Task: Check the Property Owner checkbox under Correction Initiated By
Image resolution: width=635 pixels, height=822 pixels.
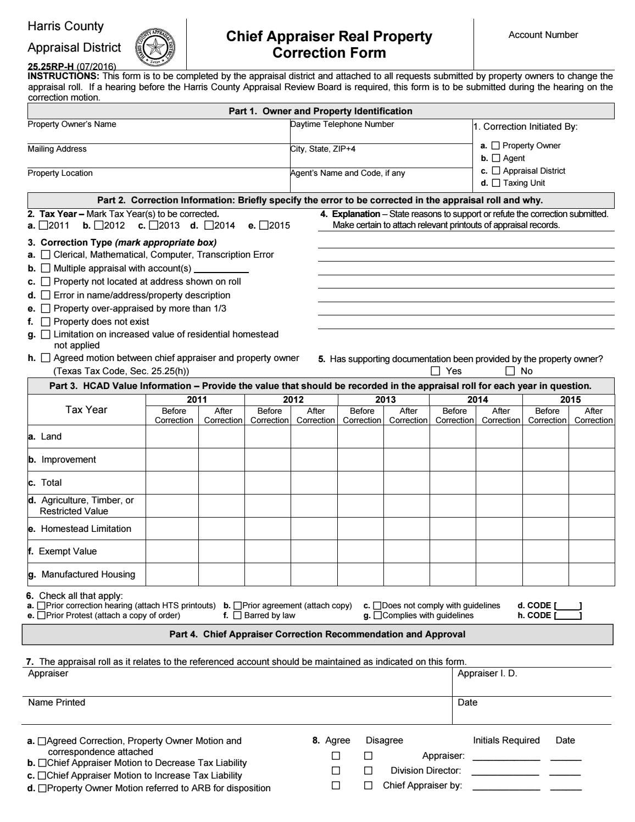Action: coord(495,146)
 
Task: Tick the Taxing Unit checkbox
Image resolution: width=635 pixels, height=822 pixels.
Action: coord(495,183)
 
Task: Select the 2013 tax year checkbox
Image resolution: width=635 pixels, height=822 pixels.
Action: coord(153,225)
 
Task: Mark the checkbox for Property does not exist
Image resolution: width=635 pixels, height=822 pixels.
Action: coord(46,321)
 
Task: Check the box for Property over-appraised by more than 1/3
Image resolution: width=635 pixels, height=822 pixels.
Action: coord(46,308)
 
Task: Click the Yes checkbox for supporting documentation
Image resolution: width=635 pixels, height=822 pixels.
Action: coord(436,371)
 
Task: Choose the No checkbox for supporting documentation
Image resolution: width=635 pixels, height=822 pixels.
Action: coord(510,371)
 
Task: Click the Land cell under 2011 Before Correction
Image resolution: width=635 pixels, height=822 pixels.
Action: coord(172,437)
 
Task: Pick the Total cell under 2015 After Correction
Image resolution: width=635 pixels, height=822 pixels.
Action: coord(591,483)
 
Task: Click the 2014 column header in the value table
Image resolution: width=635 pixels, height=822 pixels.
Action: coord(476,399)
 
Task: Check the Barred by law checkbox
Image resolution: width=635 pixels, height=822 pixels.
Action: coord(237,615)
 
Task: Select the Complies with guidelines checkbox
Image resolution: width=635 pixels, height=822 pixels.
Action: coord(377,615)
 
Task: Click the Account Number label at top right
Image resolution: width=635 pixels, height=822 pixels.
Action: coord(543,35)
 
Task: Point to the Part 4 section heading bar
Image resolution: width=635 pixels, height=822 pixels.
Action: coord(317,634)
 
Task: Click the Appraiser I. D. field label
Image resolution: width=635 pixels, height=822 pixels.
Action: coord(487,674)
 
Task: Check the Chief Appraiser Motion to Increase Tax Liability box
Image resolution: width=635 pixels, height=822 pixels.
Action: coord(42,776)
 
